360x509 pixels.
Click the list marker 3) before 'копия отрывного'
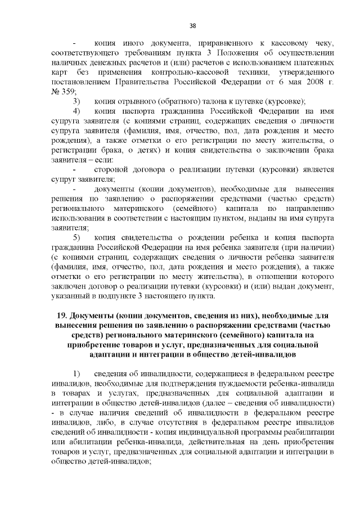pyautogui.click(x=77, y=101)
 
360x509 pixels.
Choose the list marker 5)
pyautogui.click(x=77, y=237)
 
